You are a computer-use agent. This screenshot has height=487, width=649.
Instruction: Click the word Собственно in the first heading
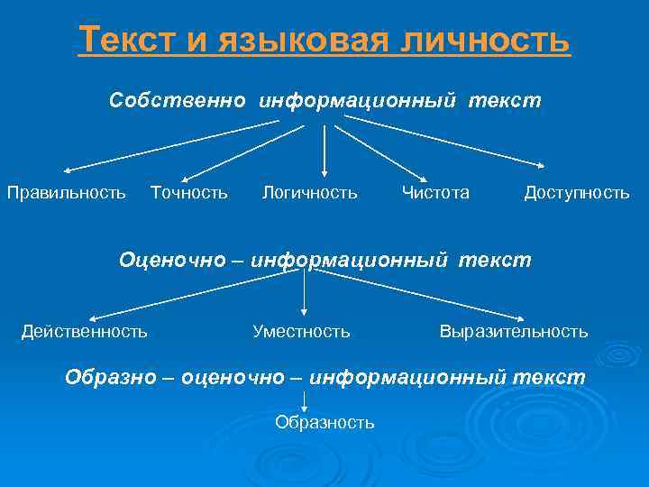pyautogui.click(x=177, y=100)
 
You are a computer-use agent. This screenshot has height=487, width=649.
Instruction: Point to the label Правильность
pyautogui.click(x=67, y=192)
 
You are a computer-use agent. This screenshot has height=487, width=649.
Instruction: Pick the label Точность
pyautogui.click(x=189, y=192)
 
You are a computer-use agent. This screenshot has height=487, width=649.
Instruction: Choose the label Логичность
pyautogui.click(x=309, y=192)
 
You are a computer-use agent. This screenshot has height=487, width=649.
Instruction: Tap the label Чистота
pyautogui.click(x=435, y=192)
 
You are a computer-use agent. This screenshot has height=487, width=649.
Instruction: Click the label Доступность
pyautogui.click(x=577, y=192)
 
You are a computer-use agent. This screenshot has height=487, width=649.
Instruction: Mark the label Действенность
pyautogui.click(x=85, y=331)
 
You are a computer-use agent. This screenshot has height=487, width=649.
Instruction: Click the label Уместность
pyautogui.click(x=301, y=331)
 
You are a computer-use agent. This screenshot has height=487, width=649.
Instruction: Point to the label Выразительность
pyautogui.click(x=514, y=331)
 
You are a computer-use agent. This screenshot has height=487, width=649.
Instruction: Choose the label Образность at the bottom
pyautogui.click(x=324, y=422)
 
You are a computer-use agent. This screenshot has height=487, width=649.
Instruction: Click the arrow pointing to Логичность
pyautogui.click(x=324, y=149)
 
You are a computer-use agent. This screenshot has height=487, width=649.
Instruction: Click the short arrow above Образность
pyautogui.click(x=304, y=401)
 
